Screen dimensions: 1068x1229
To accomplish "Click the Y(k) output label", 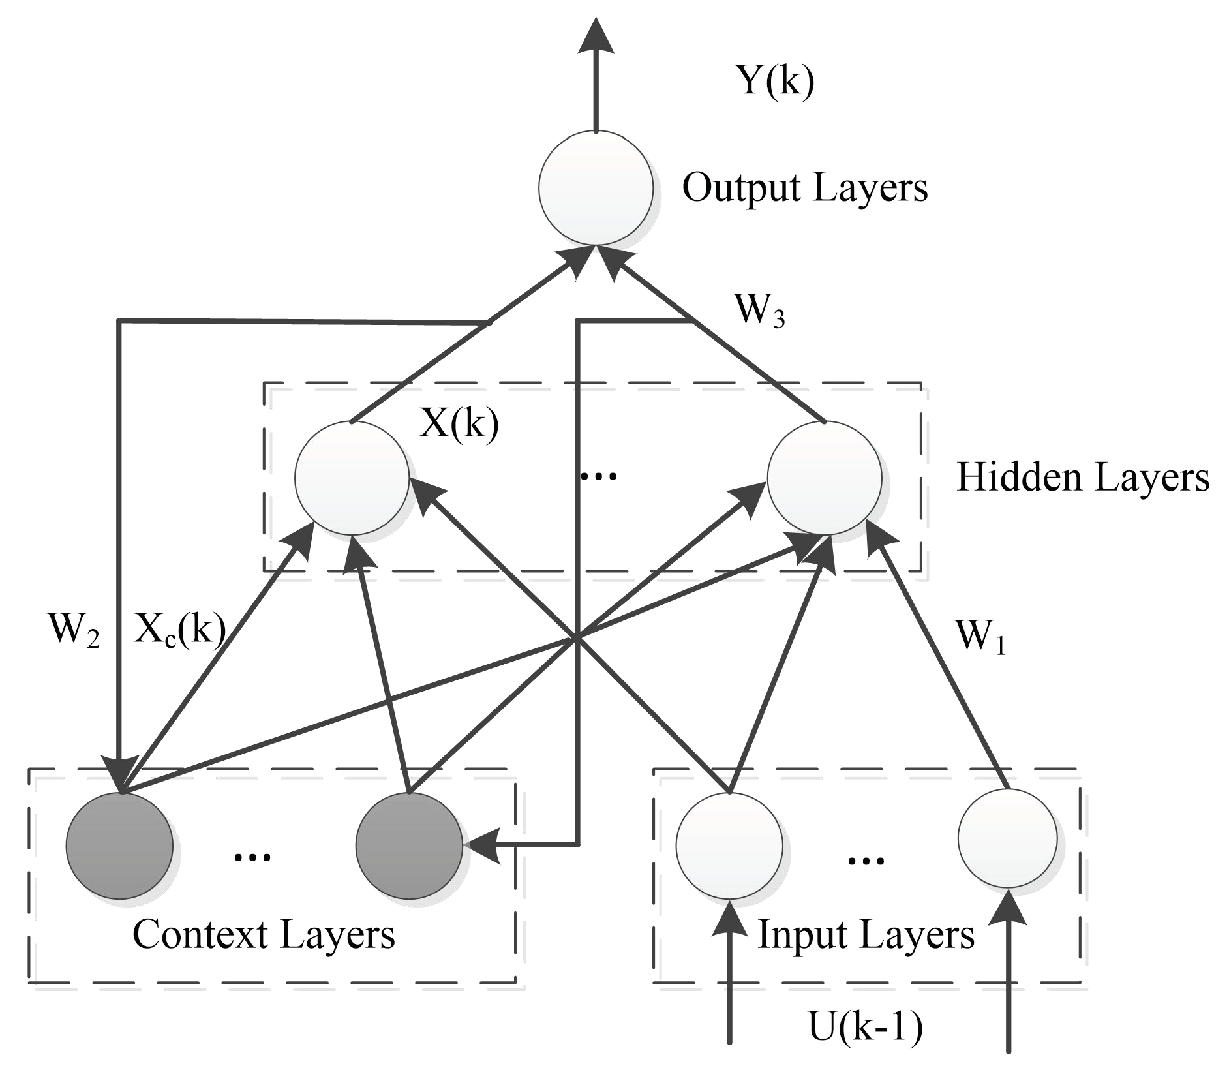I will point(775,82).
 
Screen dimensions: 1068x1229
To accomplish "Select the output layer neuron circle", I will point(596,188).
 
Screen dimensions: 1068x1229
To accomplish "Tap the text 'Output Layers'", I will point(804,188).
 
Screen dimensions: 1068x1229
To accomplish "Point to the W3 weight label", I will point(759,310).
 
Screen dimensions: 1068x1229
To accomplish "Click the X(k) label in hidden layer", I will point(459,425).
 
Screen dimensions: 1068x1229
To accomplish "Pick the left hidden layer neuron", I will point(352,478).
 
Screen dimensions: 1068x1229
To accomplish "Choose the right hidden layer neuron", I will point(825,478).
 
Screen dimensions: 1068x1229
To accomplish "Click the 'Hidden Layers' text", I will point(1082,478).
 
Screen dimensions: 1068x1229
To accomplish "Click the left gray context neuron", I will point(119,846).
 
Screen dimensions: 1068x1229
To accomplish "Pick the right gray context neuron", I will point(409,846).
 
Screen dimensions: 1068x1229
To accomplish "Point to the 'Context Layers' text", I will point(264,934).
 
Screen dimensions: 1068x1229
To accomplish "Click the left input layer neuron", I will point(729,846).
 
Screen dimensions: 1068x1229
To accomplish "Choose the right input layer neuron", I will point(1007,839).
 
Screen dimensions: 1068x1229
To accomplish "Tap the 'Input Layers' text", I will point(866,934).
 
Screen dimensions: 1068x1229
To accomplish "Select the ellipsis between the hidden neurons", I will point(598,478).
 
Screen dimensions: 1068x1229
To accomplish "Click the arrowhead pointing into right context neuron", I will point(483,846).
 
